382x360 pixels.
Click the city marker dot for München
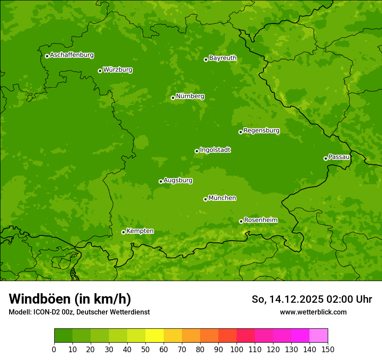205,199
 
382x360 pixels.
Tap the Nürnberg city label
190,96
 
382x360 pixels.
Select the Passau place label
339,157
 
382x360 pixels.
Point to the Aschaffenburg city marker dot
47,56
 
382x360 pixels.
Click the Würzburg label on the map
118,70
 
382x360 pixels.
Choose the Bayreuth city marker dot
206,59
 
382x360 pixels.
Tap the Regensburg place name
261,131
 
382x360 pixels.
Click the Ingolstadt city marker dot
197,151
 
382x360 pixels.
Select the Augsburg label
178,180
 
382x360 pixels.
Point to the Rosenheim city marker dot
241,221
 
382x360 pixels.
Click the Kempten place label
140,231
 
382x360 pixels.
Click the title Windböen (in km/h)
69,299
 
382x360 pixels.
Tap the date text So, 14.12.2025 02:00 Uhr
312,299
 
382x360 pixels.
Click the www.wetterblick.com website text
313,312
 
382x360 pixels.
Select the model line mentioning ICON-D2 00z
79,312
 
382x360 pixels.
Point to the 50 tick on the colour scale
145,349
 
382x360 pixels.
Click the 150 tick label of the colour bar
328,349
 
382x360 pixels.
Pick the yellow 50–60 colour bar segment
155,336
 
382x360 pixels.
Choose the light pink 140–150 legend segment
319,336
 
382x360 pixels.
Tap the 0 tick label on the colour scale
54,349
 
